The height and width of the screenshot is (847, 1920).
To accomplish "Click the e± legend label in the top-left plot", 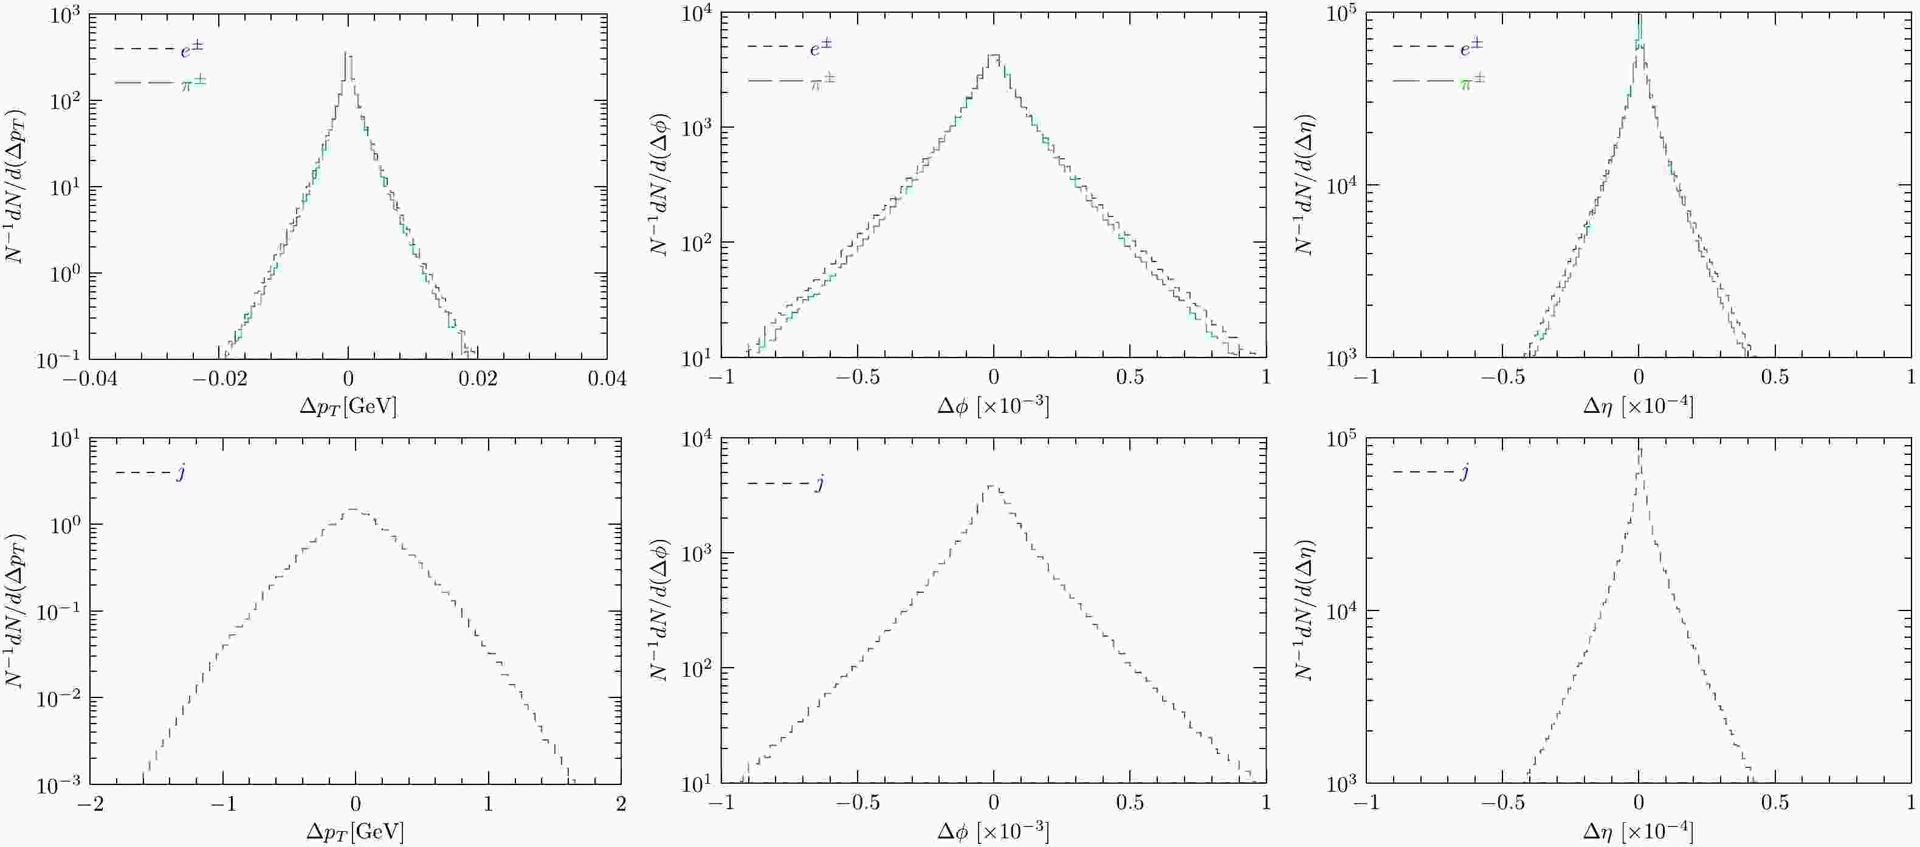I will pyautogui.click(x=191, y=49).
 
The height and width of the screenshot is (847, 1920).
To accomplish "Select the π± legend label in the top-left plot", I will pyautogui.click(x=194, y=83).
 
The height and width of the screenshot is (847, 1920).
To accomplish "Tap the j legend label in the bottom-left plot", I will pyautogui.click(x=181, y=472).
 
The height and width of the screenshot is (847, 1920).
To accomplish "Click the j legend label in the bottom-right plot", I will pyautogui.click(x=1465, y=472).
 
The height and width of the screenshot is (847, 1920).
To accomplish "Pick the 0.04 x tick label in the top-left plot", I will pyautogui.click(x=607, y=379).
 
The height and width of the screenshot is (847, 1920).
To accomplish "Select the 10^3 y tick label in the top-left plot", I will pyautogui.click(x=66, y=15).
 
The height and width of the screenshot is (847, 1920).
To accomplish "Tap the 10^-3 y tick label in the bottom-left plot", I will pyautogui.click(x=61, y=784).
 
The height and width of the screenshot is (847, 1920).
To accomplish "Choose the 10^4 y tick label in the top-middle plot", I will pyautogui.click(x=698, y=15).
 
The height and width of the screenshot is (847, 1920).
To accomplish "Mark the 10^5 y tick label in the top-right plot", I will pyautogui.click(x=1343, y=15).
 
